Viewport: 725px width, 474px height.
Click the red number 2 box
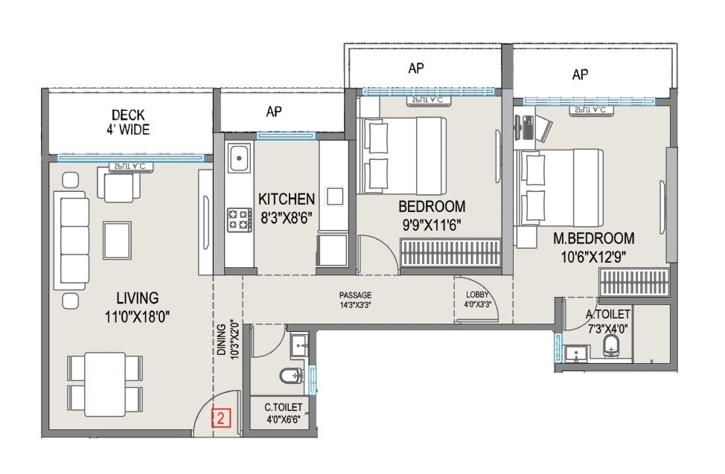(x=220, y=418)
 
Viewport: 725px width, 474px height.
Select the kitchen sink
(x=239, y=158)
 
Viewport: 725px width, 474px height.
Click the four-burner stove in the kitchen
(x=239, y=218)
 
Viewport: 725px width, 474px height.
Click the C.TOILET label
(x=284, y=407)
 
